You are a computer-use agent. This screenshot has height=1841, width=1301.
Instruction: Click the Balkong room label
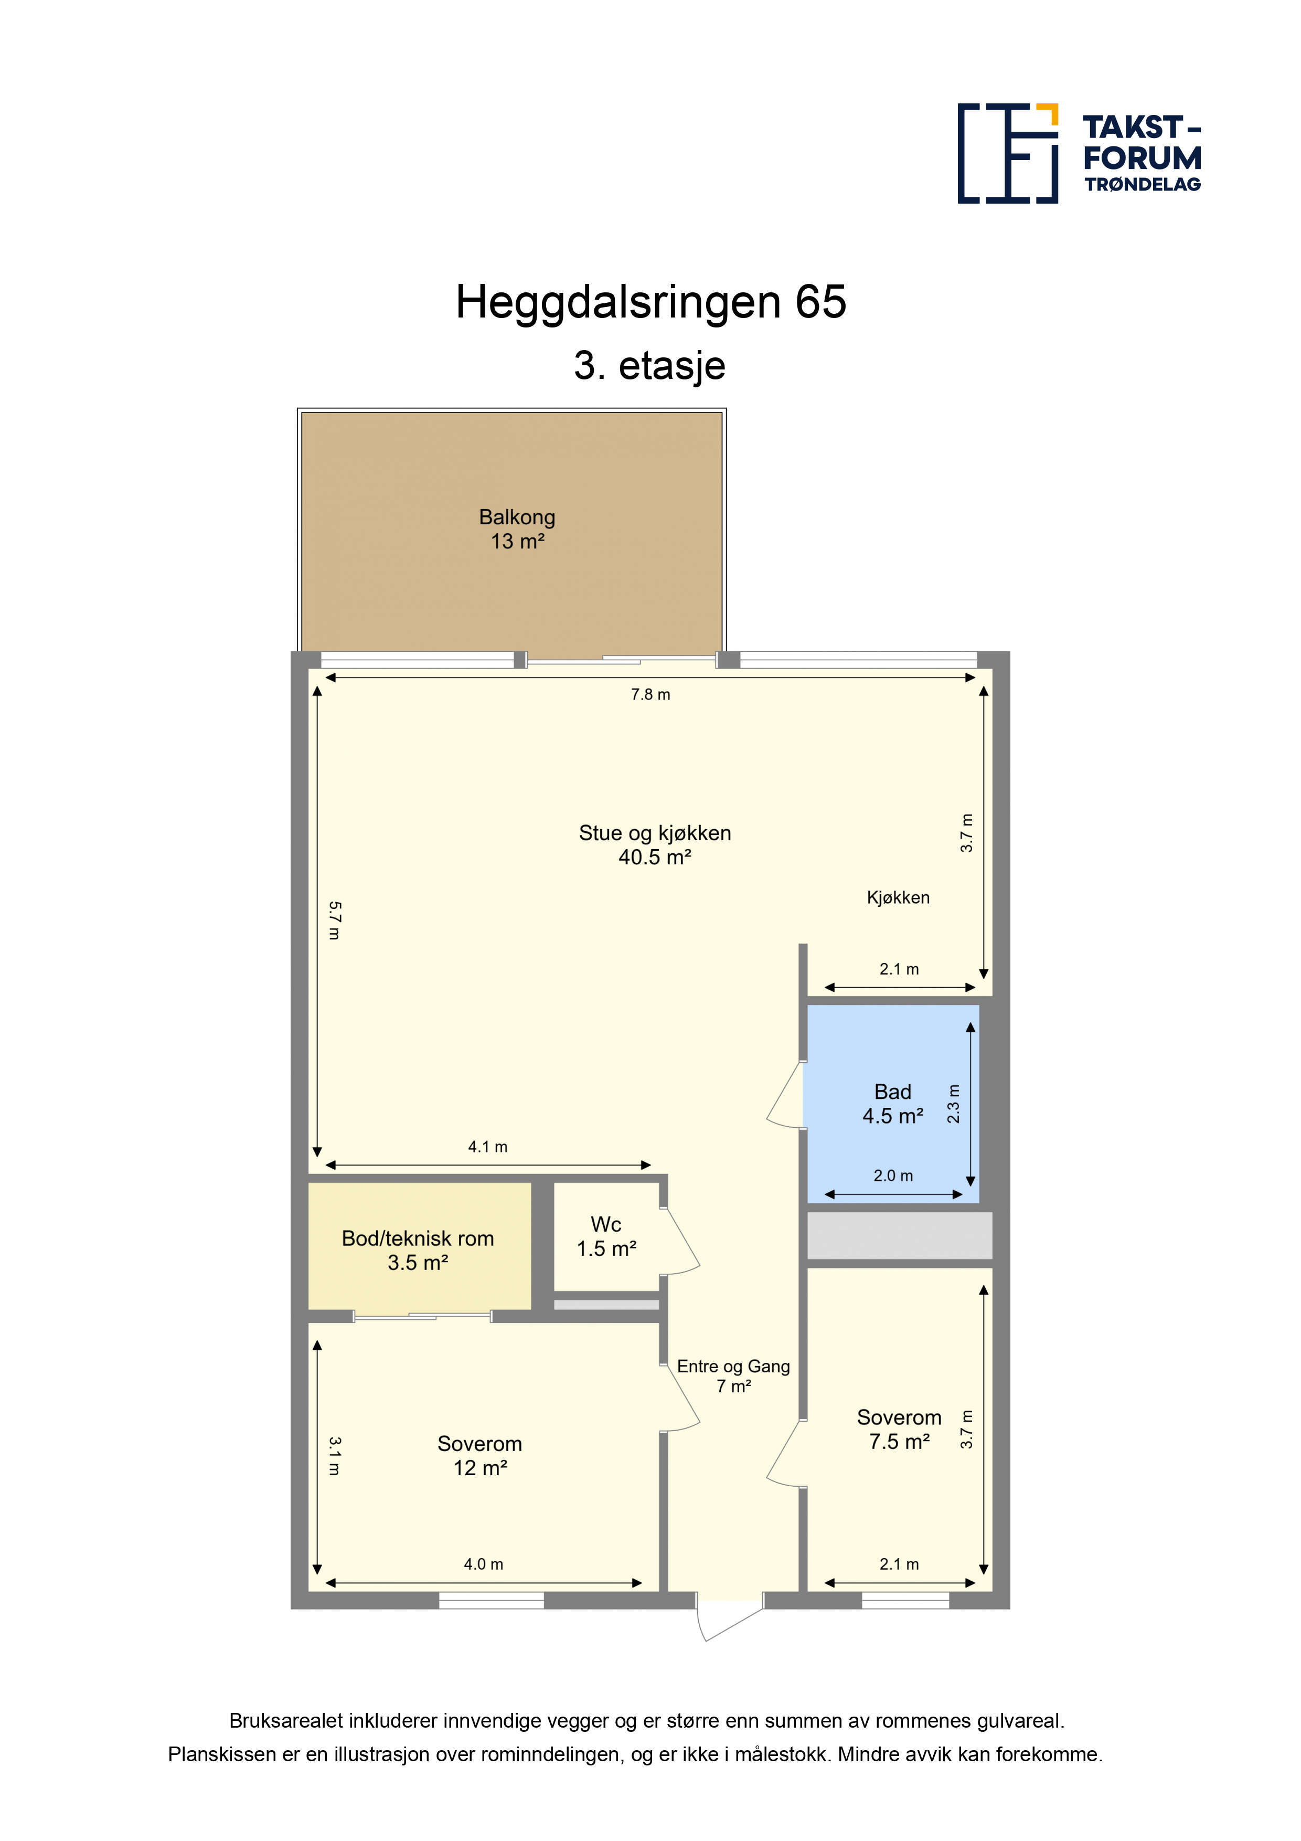(517, 528)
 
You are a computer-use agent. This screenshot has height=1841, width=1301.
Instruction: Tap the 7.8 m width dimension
(650, 694)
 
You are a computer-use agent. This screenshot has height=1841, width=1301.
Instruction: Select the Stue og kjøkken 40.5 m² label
(655, 844)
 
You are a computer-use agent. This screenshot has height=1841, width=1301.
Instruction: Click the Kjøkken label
(898, 897)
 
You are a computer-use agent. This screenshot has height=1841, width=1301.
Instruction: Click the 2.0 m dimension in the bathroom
(893, 1176)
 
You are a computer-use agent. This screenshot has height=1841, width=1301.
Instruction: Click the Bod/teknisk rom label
(418, 1250)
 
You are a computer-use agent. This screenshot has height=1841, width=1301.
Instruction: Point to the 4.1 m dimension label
(487, 1147)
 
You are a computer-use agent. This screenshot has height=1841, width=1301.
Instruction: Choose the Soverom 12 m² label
(479, 1455)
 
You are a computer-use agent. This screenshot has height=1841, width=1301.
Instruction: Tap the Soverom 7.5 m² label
(899, 1429)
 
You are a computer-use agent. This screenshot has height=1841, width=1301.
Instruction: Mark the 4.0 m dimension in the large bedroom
(483, 1563)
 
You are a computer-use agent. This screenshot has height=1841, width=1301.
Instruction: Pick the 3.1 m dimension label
(334, 1455)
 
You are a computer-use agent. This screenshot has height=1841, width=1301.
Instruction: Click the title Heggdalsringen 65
(651, 302)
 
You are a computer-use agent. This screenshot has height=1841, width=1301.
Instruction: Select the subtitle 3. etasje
(650, 366)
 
